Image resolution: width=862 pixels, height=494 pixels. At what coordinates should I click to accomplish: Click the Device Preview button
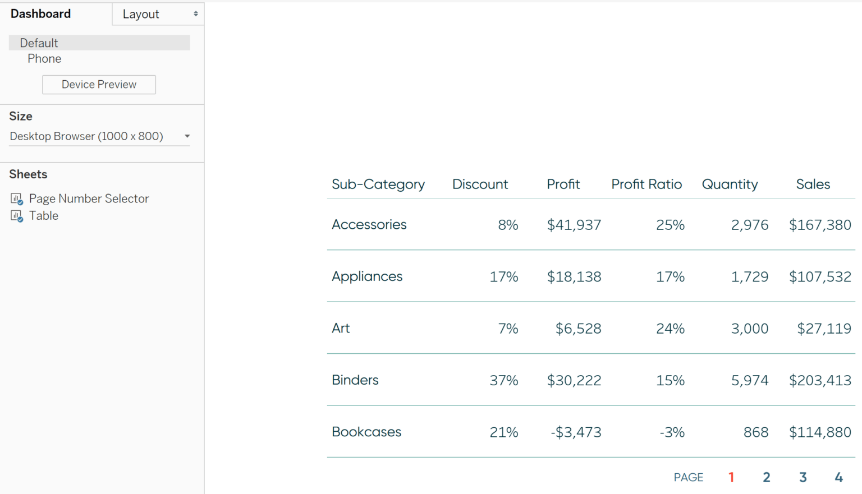coord(99,85)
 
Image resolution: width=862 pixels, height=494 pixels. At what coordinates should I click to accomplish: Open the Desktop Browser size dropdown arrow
coord(187,136)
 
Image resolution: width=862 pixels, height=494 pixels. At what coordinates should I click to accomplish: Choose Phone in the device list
coord(44,59)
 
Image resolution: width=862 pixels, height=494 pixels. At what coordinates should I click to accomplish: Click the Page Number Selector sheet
coord(89,198)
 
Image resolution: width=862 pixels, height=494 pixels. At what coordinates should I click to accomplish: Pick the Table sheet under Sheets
coord(43,216)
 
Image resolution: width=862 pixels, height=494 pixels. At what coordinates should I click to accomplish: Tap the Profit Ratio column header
coord(646,184)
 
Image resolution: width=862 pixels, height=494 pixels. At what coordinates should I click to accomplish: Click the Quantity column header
coord(730,184)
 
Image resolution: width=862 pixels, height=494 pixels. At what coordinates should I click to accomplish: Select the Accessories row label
coord(369,225)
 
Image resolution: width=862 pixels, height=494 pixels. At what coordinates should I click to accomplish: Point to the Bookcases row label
coord(366,432)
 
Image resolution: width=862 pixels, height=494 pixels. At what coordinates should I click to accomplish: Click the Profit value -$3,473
coord(576,432)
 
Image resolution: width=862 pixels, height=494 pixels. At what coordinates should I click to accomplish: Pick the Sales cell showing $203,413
coord(820,381)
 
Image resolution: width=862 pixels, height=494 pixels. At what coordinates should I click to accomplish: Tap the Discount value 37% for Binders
coord(503,381)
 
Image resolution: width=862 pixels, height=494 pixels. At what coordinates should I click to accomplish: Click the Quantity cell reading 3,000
coord(749,329)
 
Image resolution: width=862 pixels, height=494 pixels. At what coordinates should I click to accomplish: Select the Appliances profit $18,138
coord(574,277)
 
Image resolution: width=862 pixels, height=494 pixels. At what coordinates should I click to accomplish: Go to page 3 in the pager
coord(803,477)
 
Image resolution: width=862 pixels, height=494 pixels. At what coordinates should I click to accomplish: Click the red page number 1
coord(731,477)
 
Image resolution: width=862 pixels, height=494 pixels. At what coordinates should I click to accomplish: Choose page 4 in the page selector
coord(838,477)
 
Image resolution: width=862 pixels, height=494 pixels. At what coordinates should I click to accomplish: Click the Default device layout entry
coord(39,43)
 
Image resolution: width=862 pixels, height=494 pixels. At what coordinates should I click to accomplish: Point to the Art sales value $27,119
coord(824,329)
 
